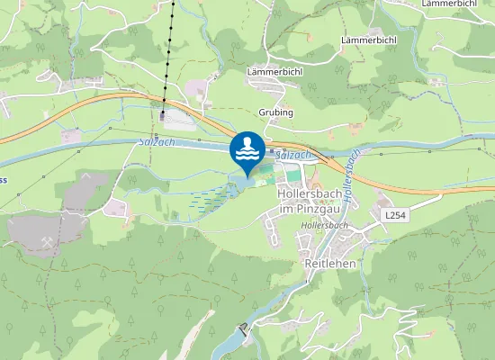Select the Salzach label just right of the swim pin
click(294, 156)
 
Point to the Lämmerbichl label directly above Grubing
click(274, 70)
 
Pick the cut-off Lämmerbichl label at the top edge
click(449, 4)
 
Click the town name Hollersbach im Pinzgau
click(313, 201)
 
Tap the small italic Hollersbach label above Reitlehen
click(325, 224)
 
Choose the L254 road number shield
click(395, 216)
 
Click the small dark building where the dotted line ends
click(163, 115)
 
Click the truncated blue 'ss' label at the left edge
click(4, 179)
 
